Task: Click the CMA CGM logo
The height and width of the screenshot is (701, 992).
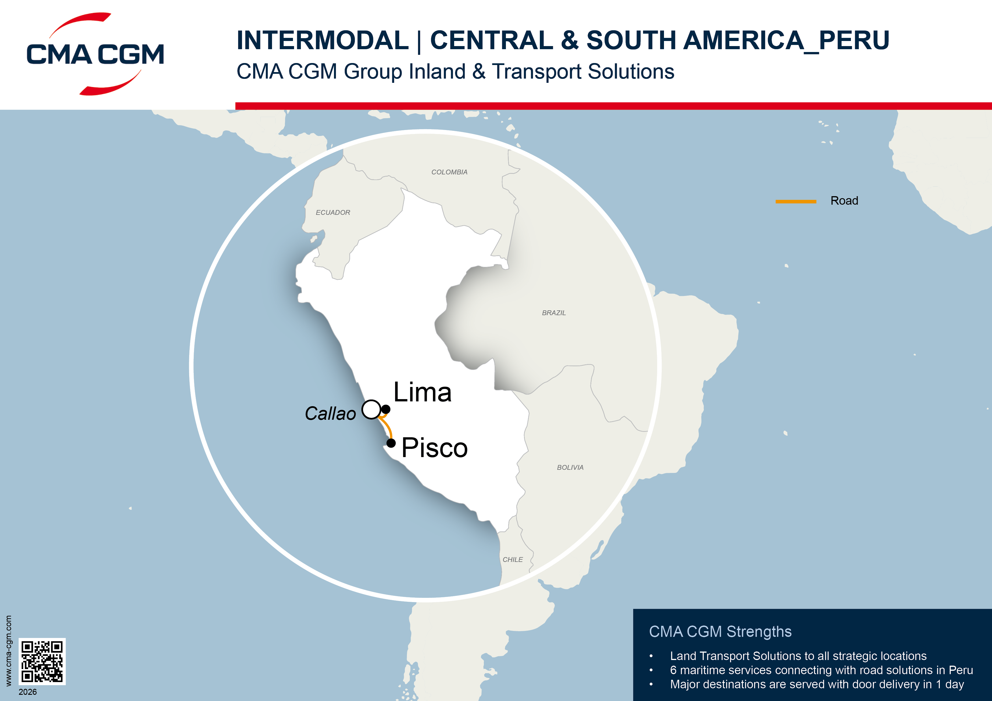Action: [x=95, y=54]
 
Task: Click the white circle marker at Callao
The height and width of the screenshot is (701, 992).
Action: [x=371, y=409]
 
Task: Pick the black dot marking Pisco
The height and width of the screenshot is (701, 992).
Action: [x=391, y=443]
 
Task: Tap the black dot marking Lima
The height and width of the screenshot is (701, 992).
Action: [x=386, y=409]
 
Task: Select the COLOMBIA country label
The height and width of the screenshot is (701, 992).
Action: [x=449, y=172]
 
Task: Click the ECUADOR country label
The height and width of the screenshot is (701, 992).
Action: [x=333, y=213]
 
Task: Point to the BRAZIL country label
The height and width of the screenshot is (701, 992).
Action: [x=553, y=313]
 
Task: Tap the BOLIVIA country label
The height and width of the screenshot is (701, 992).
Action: [x=570, y=467]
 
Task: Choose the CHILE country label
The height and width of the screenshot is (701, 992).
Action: [x=512, y=559]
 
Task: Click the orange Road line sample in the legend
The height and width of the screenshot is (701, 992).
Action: [x=795, y=201]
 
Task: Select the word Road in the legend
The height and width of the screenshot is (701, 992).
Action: [x=844, y=201]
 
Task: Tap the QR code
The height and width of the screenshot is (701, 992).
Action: [x=42, y=661]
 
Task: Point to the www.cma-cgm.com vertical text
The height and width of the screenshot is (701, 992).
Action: [x=8, y=651]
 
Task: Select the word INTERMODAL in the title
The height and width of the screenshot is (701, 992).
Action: [x=322, y=41]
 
